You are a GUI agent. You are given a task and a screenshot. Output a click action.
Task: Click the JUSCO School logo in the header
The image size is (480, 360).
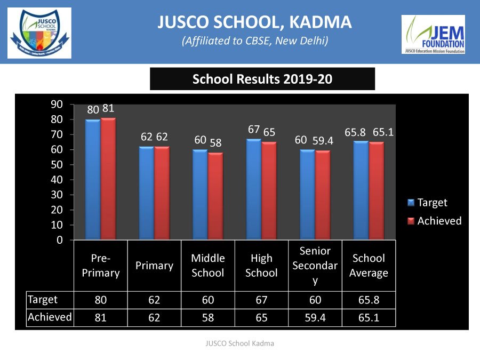39,33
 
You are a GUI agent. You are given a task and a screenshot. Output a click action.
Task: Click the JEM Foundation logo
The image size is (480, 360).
433,34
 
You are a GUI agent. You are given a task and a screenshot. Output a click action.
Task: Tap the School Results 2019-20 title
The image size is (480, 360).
262,79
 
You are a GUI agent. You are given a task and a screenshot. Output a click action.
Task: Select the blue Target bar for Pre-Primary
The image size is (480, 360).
93,179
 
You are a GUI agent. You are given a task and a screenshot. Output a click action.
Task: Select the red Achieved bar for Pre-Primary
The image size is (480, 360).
108,179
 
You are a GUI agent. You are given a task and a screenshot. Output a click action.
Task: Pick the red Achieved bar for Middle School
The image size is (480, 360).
215,196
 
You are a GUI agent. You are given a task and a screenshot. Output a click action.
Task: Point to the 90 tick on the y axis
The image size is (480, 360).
56,105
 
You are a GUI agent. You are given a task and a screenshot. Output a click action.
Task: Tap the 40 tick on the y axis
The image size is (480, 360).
56,180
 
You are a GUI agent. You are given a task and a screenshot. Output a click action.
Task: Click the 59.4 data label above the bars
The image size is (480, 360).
323,141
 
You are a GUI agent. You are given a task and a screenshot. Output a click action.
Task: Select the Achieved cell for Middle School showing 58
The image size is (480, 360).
207,318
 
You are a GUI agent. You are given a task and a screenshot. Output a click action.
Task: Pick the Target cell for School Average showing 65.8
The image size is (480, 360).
369,300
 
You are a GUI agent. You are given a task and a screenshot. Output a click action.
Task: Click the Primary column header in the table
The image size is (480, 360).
154,266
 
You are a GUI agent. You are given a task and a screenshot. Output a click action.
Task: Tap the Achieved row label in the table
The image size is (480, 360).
50,317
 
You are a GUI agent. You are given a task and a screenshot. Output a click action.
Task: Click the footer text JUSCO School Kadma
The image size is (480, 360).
239,343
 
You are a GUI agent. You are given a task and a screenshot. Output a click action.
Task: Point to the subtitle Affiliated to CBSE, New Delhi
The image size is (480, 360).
254,41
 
